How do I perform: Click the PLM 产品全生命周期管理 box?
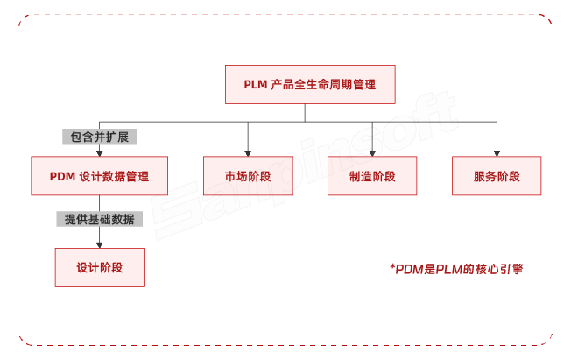310,85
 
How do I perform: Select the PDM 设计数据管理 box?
98,176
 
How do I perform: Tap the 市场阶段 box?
248,176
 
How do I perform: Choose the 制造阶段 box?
372,176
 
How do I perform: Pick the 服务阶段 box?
497,176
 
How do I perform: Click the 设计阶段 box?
99,267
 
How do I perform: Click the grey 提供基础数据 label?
99,219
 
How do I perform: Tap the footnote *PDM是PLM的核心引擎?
456,270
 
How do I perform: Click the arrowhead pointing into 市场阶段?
248,152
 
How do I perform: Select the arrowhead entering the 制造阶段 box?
372,152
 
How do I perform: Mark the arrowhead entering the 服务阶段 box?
497,152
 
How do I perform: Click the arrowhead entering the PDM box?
98,152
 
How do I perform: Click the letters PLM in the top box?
257,85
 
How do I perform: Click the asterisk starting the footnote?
392,267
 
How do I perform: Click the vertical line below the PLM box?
305,112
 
